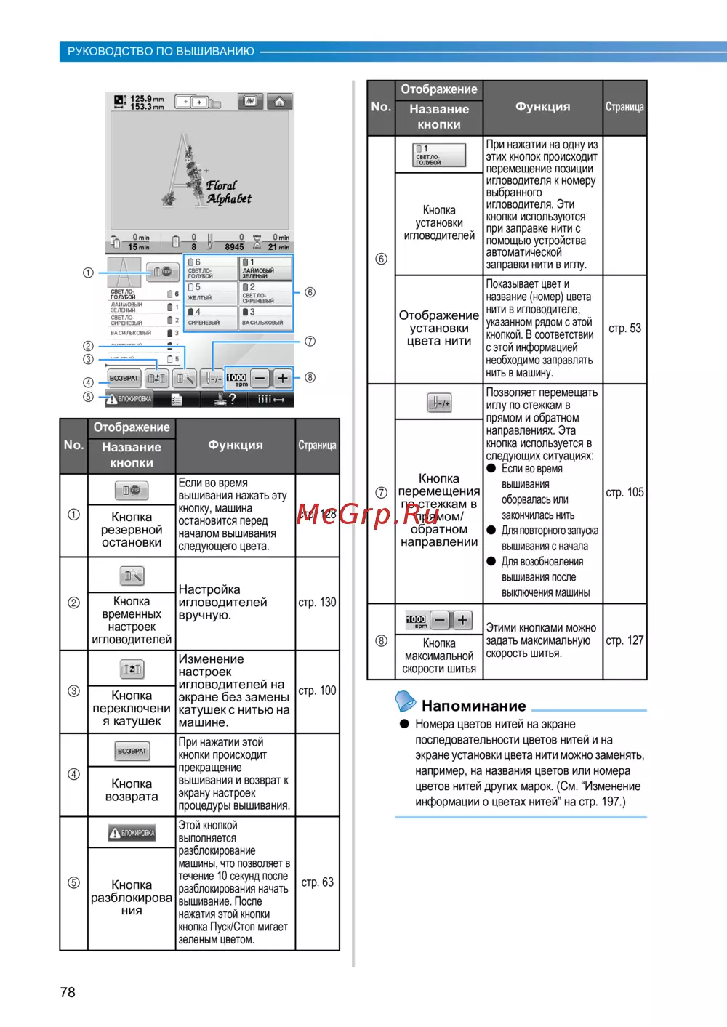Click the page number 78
[68, 992]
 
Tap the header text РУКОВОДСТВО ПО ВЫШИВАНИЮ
[161, 52]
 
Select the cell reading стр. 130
[317, 603]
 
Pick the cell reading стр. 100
[317, 690]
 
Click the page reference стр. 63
[317, 882]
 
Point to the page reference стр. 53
[624, 329]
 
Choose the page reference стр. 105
[624, 493]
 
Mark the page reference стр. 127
[624, 640]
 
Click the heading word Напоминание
[473, 706]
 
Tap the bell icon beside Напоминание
[405, 701]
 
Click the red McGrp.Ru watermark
[368, 514]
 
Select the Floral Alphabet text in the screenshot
[228, 192]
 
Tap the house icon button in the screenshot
[279, 102]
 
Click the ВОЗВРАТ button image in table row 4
[132, 751]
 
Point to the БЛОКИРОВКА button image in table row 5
[132, 833]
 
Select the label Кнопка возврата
[132, 790]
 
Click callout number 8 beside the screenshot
[310, 377]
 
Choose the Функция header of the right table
[542, 107]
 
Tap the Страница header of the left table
[317, 446]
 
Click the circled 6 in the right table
[381, 259]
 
